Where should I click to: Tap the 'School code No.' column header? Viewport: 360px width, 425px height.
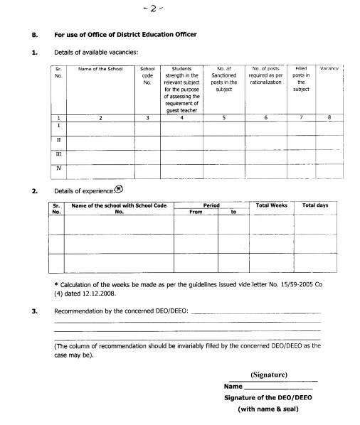148,76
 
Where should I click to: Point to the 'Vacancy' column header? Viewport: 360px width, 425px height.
329,68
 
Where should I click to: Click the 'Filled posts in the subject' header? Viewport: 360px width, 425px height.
300,80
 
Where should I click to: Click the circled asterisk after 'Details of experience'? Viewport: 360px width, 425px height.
118,190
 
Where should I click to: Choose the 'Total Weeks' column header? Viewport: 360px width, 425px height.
271,205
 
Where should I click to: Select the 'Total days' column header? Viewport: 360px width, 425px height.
315,205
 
